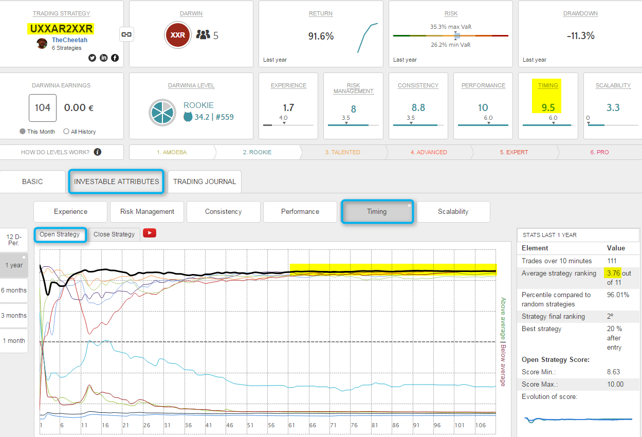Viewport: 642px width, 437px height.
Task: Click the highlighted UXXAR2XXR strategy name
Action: coord(62,29)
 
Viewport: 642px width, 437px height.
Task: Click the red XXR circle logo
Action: coord(178,35)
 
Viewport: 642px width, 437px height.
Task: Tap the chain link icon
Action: coord(126,34)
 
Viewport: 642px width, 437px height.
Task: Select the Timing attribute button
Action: coord(377,211)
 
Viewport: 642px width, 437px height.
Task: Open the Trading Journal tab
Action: coord(204,181)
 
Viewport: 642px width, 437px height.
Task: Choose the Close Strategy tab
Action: coord(114,234)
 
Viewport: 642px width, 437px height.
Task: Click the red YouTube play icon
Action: coord(150,233)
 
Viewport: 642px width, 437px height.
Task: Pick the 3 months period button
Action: coord(14,316)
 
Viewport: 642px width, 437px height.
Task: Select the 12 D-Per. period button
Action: coord(14,240)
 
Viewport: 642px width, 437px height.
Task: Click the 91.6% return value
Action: coord(321,36)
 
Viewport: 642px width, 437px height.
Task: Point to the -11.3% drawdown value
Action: coord(580,36)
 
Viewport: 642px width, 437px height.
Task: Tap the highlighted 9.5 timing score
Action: coord(548,107)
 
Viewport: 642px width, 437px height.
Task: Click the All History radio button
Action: coord(66,132)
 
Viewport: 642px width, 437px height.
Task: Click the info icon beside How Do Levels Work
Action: coord(98,152)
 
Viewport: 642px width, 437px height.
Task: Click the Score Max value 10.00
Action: coord(615,384)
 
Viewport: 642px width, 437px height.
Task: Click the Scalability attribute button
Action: coord(453,211)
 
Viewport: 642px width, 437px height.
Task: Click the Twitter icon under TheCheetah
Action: coord(92,58)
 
